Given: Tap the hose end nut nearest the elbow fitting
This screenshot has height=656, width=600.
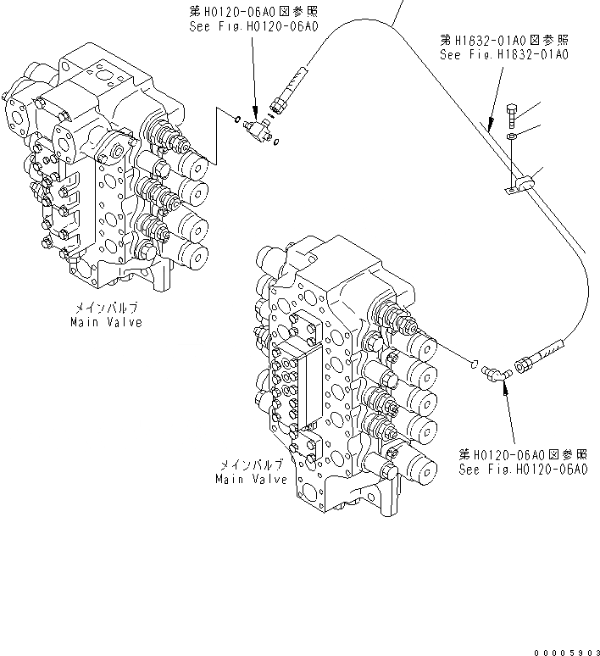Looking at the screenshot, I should pyautogui.click(x=520, y=363).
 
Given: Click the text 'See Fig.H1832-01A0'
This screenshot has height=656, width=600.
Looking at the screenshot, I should pyautogui.click(x=504, y=54).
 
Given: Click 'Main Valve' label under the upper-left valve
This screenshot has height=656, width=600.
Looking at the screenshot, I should pyautogui.click(x=107, y=322).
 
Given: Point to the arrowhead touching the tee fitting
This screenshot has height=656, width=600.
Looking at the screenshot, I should pyautogui.click(x=255, y=114).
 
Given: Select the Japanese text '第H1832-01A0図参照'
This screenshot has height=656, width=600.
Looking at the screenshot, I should pyautogui.click(x=504, y=40).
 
